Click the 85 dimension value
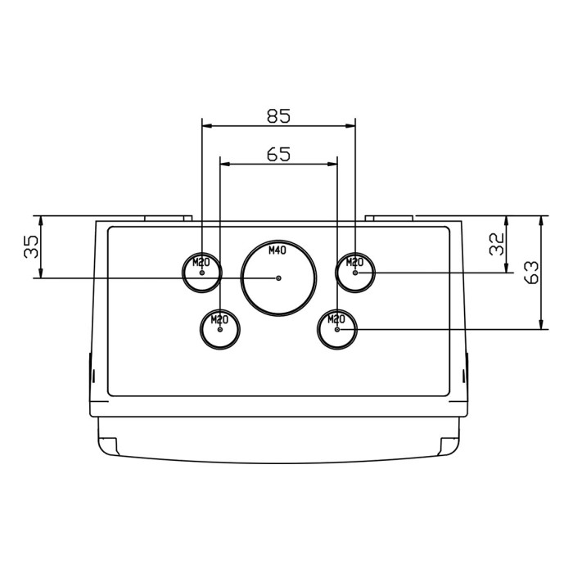pyautogui.click(x=279, y=115)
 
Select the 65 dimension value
pyautogui.click(x=279, y=154)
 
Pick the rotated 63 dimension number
pyautogui.click(x=530, y=273)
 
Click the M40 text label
pyautogui.click(x=278, y=251)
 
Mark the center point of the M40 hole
pyautogui.click(x=279, y=278)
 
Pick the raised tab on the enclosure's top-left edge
pyautogui.click(x=168, y=219)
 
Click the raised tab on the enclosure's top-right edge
pyautogui.click(x=389, y=219)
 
